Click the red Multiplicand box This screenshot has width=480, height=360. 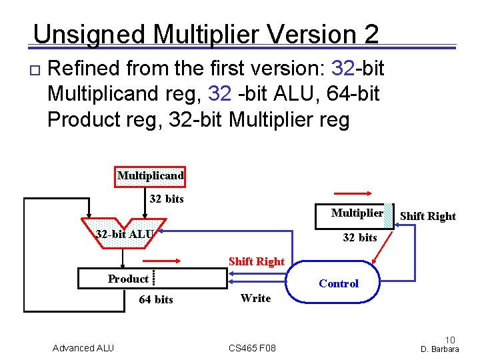point(150,177)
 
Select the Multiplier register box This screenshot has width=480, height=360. point(353,213)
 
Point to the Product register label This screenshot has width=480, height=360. point(128,279)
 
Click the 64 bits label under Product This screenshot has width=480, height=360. point(155,299)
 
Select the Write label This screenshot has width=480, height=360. point(255,298)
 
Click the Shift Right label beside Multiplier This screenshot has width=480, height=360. point(427,216)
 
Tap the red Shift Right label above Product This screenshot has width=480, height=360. point(256,261)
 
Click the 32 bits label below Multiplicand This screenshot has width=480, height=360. point(167,199)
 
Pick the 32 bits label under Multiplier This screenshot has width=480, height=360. point(359,237)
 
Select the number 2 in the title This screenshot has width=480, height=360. point(371,34)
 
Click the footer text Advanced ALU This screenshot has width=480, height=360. point(83,348)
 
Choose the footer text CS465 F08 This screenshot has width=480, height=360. point(252,348)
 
